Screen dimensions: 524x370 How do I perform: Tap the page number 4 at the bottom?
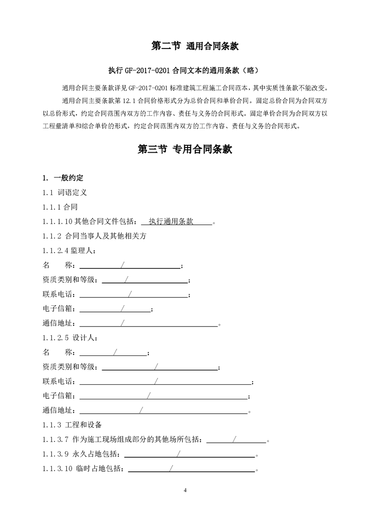click(x=185, y=490)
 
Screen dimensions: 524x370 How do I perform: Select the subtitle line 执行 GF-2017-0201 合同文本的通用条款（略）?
click(x=182, y=71)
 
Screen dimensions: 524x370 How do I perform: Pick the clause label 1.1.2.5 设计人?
click(x=70, y=338)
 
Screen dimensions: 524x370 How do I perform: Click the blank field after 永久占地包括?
click(x=189, y=454)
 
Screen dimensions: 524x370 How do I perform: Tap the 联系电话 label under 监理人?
click(x=58, y=295)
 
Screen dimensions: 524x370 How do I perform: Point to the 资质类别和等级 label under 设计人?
click(x=70, y=367)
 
